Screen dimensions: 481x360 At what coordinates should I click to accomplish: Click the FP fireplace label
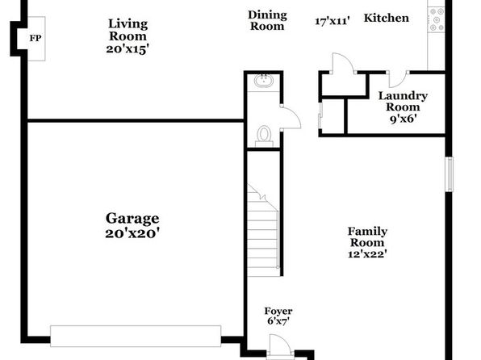pos(36,39)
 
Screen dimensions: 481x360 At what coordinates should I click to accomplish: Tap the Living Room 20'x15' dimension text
pos(128,48)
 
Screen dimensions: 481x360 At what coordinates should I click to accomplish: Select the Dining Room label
pos(267,20)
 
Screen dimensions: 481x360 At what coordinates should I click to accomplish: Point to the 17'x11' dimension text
pos(333,21)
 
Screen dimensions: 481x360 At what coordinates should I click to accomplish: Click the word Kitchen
pos(387,18)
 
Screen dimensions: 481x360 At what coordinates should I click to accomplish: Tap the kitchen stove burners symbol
pos(437,19)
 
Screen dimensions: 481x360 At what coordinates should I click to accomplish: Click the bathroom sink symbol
pos(264,81)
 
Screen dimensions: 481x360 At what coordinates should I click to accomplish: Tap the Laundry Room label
pos(403,101)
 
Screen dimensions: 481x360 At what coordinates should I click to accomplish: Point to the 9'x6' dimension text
pos(403,119)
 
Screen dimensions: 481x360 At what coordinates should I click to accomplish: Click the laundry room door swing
pos(398,79)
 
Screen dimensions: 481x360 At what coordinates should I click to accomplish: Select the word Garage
pos(132,219)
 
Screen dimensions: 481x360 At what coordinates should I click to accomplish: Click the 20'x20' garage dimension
pos(132,233)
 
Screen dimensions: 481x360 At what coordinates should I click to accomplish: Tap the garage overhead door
pos(136,336)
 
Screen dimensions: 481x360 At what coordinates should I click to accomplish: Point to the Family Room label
pos(367,237)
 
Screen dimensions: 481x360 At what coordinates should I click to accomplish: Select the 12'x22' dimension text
pos(367,254)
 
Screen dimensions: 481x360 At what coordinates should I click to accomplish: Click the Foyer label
pos(278,312)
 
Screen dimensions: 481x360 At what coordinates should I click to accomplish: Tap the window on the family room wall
pos(449,174)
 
